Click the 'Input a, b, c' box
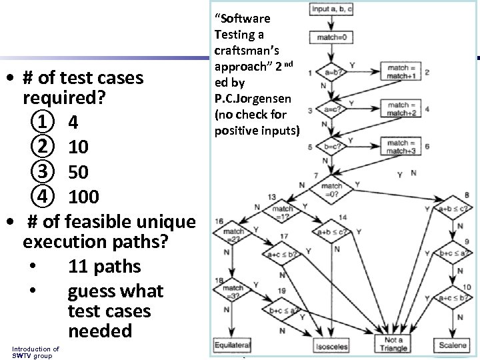pos(331,9)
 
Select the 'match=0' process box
pos(331,38)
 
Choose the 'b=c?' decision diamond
pos(331,147)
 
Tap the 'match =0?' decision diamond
pos(331,190)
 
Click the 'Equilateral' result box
pos(232,345)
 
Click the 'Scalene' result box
pos(453,345)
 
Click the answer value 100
pos(84,197)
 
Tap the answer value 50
pos(78,172)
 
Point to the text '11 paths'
pos(104,267)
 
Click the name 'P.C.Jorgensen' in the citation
pos(253,99)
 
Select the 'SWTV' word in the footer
pos(22,355)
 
